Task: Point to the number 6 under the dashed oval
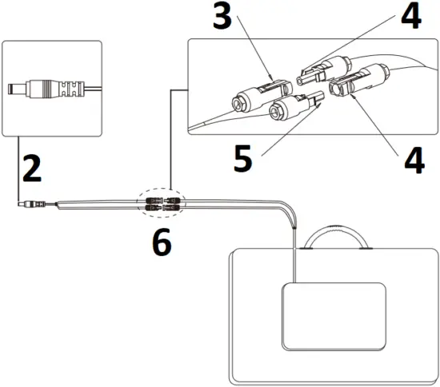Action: tap(161, 242)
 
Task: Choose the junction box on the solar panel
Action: tap(334, 315)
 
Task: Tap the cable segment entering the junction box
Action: tap(295, 256)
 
